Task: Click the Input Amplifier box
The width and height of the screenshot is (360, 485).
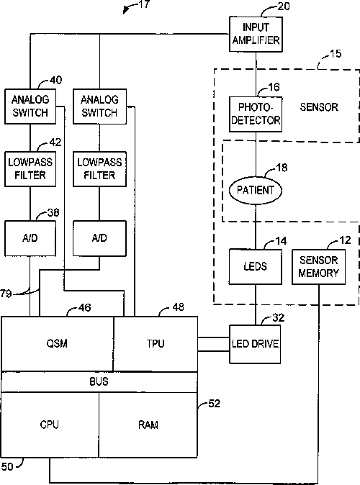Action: [x=256, y=34]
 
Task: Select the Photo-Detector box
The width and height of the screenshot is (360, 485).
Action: [x=256, y=114]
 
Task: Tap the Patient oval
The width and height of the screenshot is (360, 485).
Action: [x=256, y=190]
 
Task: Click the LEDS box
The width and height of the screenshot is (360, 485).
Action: [x=256, y=267]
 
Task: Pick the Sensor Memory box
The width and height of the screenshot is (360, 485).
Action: [x=318, y=267]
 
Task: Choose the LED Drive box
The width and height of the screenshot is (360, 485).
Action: [x=255, y=344]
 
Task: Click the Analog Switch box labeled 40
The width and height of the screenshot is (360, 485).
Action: [x=30, y=106]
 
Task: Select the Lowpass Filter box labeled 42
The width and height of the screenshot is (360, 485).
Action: [x=30, y=169]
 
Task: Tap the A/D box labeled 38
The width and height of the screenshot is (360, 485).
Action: [x=30, y=238]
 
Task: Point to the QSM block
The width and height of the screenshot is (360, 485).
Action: [x=58, y=344]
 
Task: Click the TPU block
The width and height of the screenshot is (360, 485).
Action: [x=156, y=344]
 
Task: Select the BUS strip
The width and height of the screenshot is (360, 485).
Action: [x=99, y=381]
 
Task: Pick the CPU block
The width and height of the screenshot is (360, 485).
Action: [x=50, y=425]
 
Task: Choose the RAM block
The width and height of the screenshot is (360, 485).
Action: [x=148, y=425]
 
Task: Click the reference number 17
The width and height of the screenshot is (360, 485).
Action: [x=144, y=4]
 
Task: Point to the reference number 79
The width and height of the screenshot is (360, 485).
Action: [x=6, y=293]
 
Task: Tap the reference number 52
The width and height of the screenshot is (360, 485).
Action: [x=215, y=404]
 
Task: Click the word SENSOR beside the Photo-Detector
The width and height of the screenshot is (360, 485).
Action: [x=319, y=107]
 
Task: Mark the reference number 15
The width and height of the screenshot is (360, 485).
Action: [x=336, y=54]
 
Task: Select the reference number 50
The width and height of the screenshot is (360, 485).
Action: [x=7, y=466]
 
